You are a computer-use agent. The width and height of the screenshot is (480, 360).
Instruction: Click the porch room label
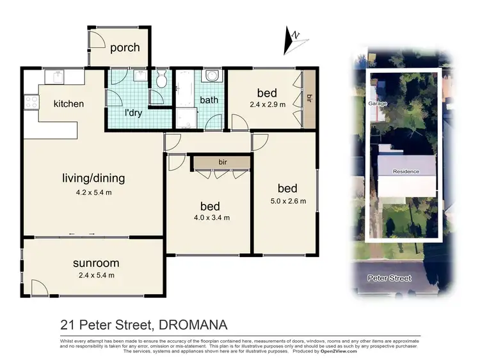point(125,48)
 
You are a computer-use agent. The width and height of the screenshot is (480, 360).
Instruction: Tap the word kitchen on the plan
point(68,104)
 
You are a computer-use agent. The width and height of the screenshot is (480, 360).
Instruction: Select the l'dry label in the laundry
point(133,113)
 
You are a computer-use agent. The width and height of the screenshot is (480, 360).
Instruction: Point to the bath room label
point(209,100)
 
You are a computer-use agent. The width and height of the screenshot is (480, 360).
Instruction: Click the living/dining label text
point(93,178)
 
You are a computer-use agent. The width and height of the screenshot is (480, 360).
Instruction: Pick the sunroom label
point(96,263)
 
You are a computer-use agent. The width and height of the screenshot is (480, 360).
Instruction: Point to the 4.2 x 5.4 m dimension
point(93,191)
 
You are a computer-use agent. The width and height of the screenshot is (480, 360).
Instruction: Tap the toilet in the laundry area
point(161,80)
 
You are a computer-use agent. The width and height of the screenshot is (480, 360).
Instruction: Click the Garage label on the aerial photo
point(376,103)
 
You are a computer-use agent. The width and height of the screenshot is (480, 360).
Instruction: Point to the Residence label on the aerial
point(406,171)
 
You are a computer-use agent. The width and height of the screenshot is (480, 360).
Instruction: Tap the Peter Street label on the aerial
point(389,278)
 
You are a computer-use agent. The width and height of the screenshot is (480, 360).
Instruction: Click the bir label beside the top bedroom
point(310,98)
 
